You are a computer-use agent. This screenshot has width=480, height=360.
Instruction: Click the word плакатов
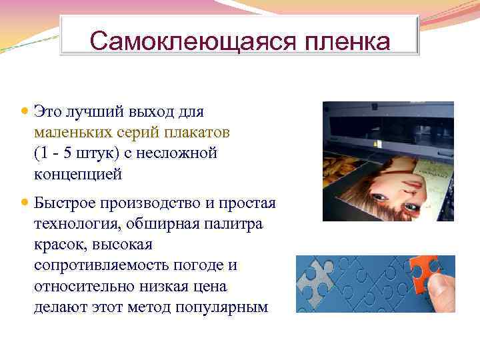tap(197, 132)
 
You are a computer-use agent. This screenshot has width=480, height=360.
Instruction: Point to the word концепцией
tap(78, 175)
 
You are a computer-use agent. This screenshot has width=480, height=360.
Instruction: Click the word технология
tap(73, 223)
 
